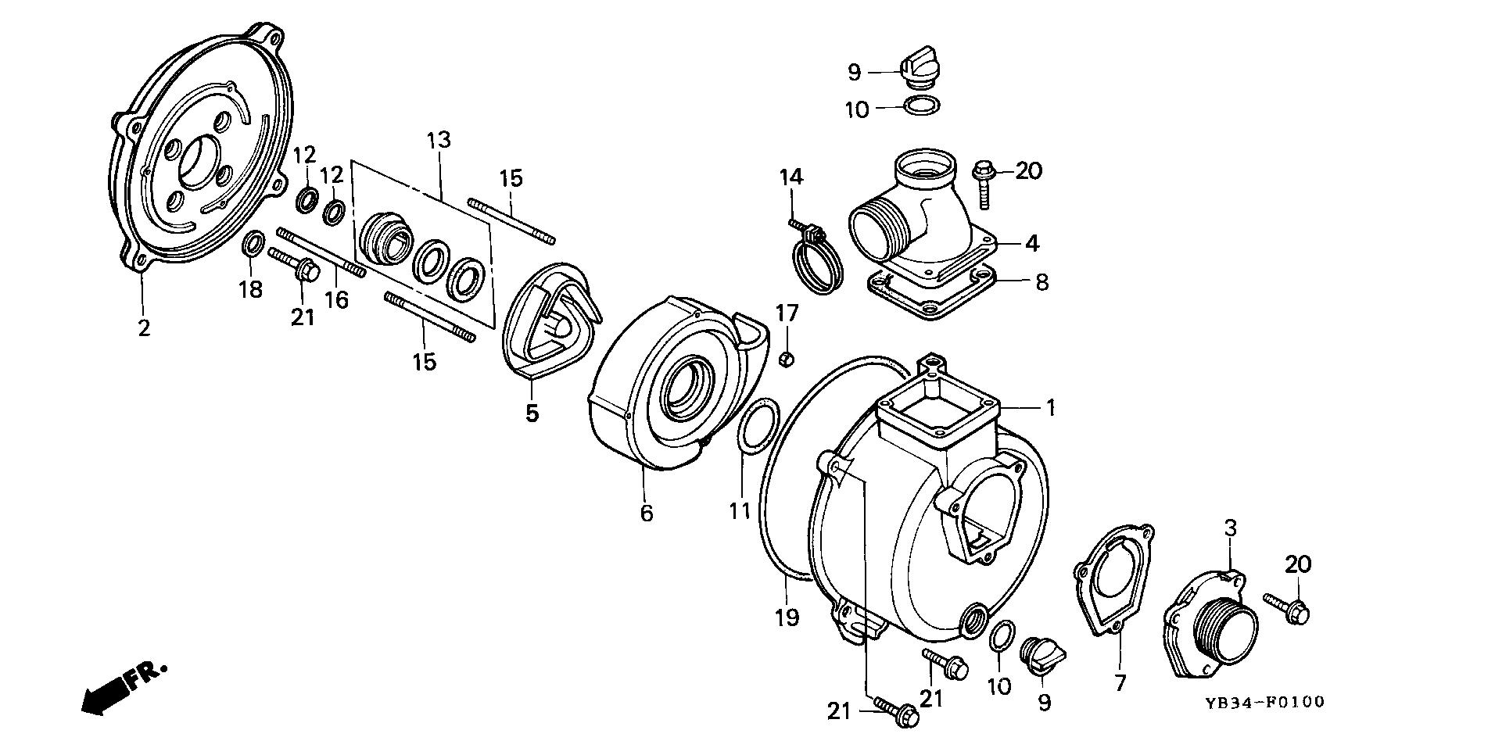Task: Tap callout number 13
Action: [439, 141]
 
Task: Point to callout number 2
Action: [143, 328]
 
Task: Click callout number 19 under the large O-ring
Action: [787, 617]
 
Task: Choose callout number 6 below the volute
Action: [646, 513]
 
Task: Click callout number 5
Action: [532, 412]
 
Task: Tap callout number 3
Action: [1230, 528]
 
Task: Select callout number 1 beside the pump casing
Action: [1051, 407]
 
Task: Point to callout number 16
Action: [336, 299]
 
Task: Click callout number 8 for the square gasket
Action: [1041, 281]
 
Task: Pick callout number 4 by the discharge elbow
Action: [1031, 243]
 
